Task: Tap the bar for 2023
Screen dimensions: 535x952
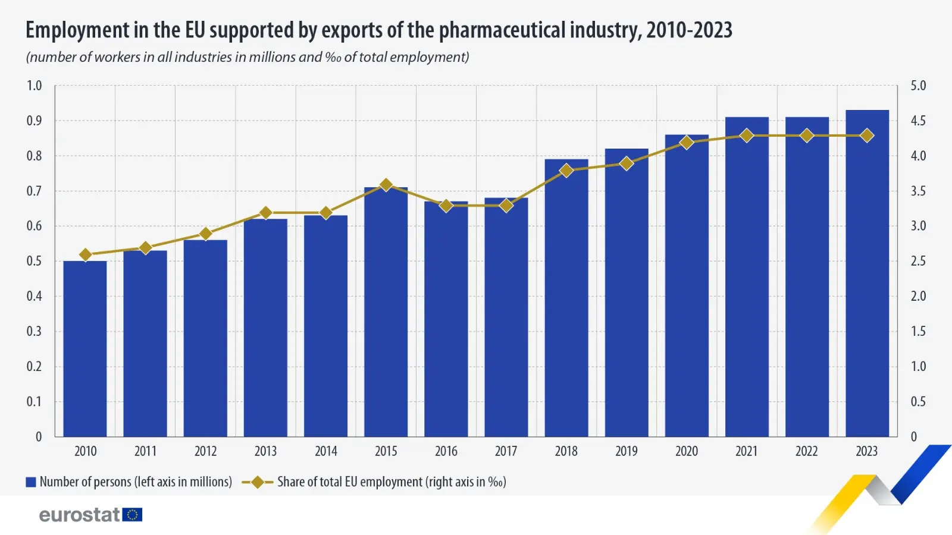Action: [x=867, y=273]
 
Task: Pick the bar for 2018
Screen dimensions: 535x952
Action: [x=566, y=298]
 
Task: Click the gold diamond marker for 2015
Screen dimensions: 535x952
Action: [x=386, y=184]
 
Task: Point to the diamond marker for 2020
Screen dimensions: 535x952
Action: [x=687, y=143]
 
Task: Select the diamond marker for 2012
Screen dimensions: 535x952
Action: [x=205, y=234]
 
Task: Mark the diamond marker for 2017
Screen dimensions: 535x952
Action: [x=506, y=206]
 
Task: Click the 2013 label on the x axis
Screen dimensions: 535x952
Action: [x=265, y=451]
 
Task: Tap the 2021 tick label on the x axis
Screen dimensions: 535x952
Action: [x=746, y=451]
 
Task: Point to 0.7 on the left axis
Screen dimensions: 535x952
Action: [x=35, y=191]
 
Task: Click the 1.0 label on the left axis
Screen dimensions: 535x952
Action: [x=35, y=86]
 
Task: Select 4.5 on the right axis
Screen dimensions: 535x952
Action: [x=918, y=121]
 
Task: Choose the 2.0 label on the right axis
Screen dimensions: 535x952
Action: [x=918, y=296]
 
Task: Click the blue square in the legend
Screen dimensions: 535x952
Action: [x=31, y=482]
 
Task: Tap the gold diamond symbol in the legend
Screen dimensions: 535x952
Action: [x=258, y=482]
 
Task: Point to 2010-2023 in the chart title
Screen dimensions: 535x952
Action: [x=689, y=30]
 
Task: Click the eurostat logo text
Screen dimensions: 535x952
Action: [x=80, y=515]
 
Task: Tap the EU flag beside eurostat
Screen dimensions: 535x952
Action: [x=132, y=515]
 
